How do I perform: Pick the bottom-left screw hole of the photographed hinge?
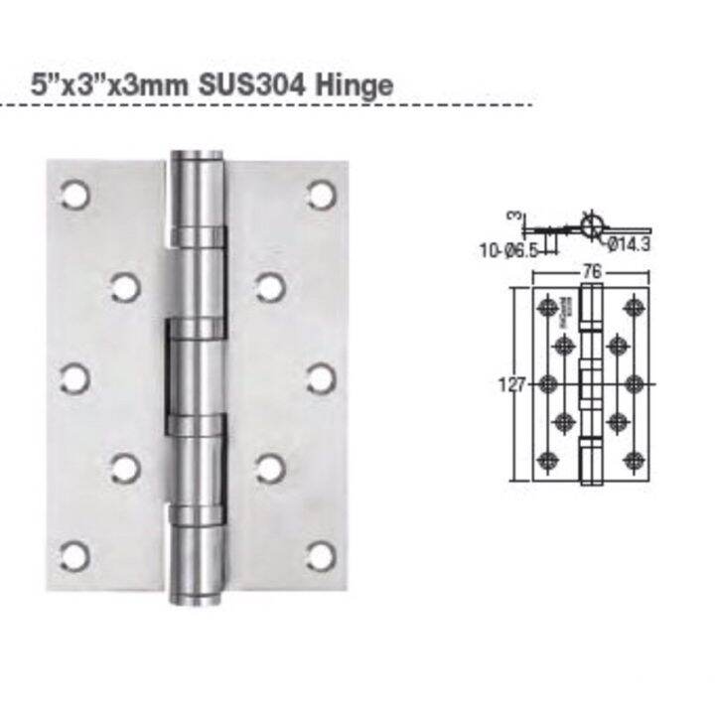74,556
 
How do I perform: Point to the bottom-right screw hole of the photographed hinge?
321,555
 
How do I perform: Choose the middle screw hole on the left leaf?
74,377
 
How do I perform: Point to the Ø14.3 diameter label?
628,246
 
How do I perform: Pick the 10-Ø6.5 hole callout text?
504,251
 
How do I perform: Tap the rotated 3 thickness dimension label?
515,215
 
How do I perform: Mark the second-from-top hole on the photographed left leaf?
124,287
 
